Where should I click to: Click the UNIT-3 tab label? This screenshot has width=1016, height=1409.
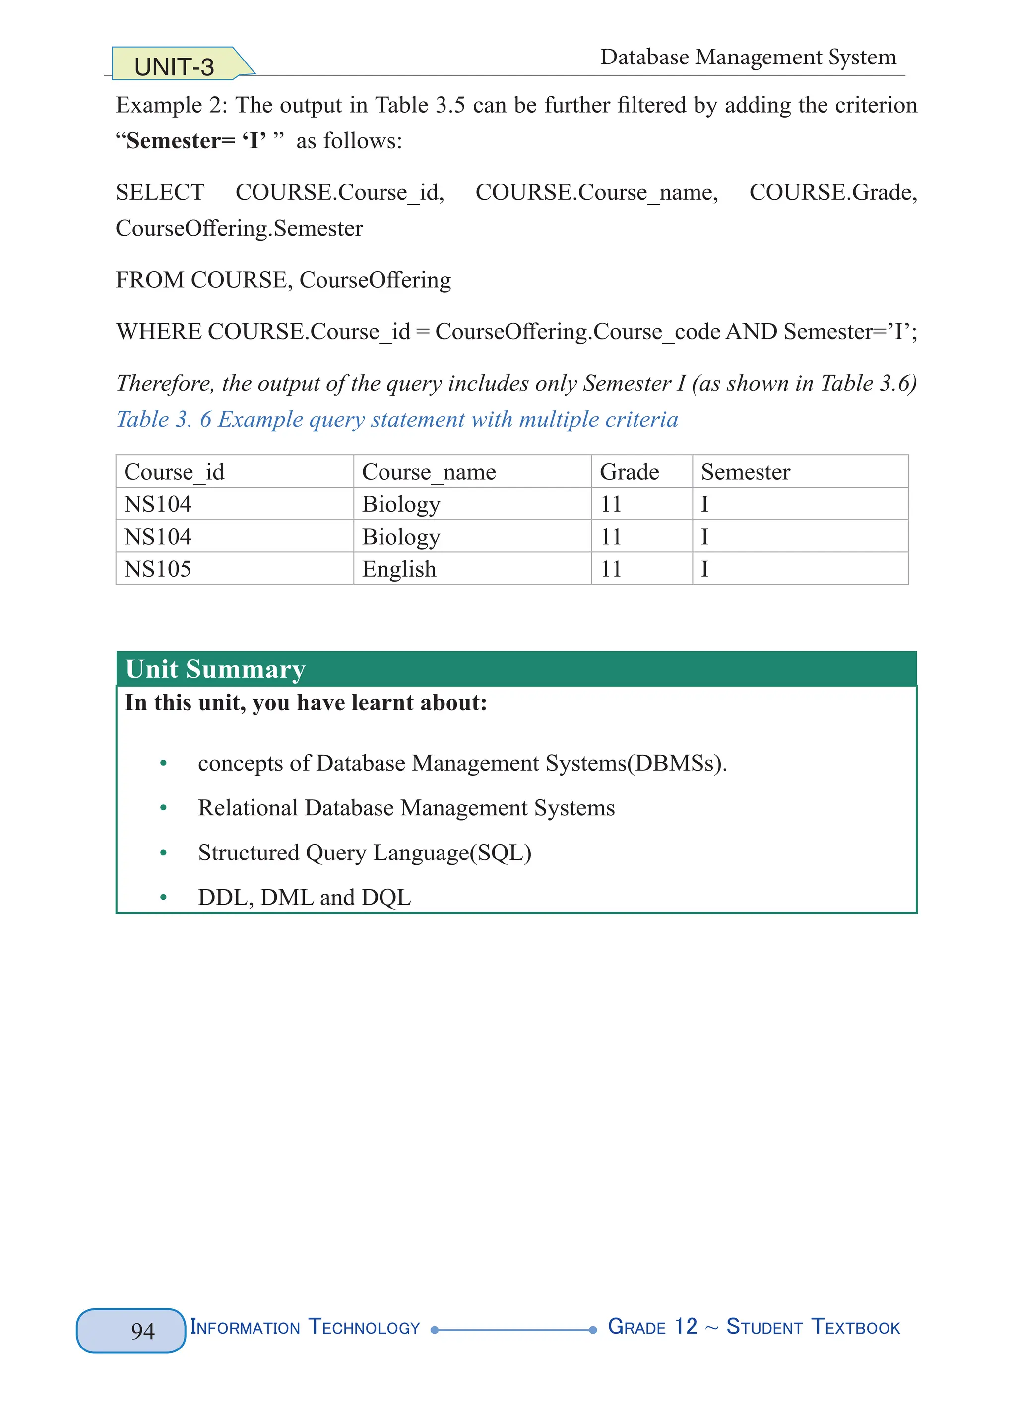(174, 66)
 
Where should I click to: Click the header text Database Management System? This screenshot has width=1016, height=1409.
(748, 57)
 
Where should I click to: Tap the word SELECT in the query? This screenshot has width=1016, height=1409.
(160, 192)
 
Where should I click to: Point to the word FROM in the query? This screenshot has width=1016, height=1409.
(150, 280)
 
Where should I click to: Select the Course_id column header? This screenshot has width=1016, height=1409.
(174, 472)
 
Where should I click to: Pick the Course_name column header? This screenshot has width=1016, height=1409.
(429, 472)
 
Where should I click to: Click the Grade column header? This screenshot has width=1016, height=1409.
(629, 472)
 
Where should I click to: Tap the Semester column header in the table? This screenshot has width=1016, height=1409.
(745, 472)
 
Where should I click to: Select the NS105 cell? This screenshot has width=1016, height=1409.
(158, 569)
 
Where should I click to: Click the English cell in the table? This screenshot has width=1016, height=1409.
(399, 569)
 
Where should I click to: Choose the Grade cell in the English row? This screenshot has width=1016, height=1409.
(611, 569)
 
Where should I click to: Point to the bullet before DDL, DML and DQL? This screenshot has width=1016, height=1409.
(163, 897)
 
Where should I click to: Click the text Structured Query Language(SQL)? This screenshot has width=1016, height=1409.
(364, 853)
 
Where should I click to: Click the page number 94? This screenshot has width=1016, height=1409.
(143, 1331)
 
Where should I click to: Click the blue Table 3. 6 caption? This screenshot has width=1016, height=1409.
(396, 420)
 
